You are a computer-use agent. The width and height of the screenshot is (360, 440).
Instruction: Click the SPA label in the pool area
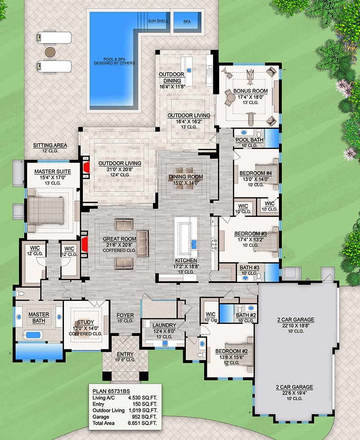[187, 22]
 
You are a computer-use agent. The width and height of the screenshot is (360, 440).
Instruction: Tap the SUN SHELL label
[158, 21]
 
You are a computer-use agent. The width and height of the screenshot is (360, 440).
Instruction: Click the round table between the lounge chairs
[50, 52]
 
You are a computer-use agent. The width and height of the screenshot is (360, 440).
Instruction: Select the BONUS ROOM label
[250, 91]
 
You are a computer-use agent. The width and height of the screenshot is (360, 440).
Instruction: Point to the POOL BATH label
[249, 140]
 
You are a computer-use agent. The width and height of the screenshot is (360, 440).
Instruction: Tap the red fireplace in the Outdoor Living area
[86, 168]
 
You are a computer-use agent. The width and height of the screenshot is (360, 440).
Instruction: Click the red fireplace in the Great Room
[85, 245]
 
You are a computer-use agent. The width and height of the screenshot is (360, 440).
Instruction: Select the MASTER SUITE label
[53, 172]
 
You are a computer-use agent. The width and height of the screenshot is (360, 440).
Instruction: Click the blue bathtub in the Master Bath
[33, 335]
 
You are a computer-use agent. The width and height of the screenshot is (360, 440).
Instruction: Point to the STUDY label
[85, 322]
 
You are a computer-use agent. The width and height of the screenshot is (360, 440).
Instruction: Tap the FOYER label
[125, 315]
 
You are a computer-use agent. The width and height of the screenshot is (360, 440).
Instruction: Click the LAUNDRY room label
[164, 325]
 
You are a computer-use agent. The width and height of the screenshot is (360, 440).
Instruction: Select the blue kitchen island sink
[194, 244]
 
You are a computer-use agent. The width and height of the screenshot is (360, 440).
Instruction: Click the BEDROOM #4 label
[256, 173]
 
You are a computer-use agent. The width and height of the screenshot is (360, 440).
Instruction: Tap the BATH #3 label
[249, 268]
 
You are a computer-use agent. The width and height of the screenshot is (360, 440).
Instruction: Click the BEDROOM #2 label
[232, 351]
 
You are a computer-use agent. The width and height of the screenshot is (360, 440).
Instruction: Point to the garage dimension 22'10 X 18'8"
[296, 326]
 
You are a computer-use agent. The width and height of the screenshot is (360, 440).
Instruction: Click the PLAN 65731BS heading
[111, 391]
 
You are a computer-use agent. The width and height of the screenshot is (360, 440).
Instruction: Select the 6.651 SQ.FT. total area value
[143, 423]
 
